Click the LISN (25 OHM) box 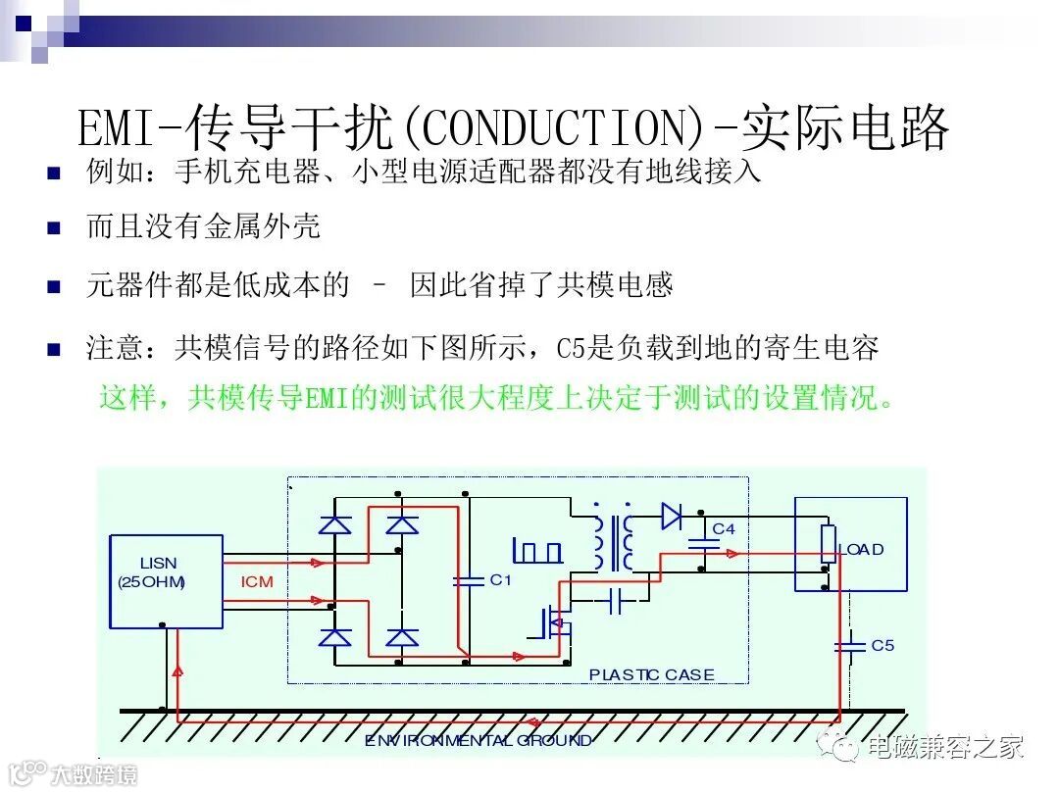pyautogui.click(x=165, y=580)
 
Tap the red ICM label pyautogui.click(x=257, y=582)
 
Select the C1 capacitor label pyautogui.click(x=501, y=580)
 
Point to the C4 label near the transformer pyautogui.click(x=724, y=529)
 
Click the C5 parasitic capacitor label pyautogui.click(x=882, y=646)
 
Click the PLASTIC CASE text pyautogui.click(x=651, y=674)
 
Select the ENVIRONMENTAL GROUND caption pyautogui.click(x=479, y=741)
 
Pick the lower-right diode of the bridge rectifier pyautogui.click(x=401, y=638)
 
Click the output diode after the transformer pyautogui.click(x=672, y=516)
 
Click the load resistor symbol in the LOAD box pyautogui.click(x=829, y=544)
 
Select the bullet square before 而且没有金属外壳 pyautogui.click(x=54, y=229)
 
